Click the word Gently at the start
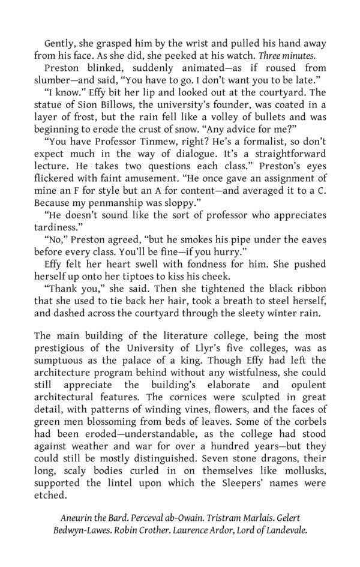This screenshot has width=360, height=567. click(59, 43)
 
